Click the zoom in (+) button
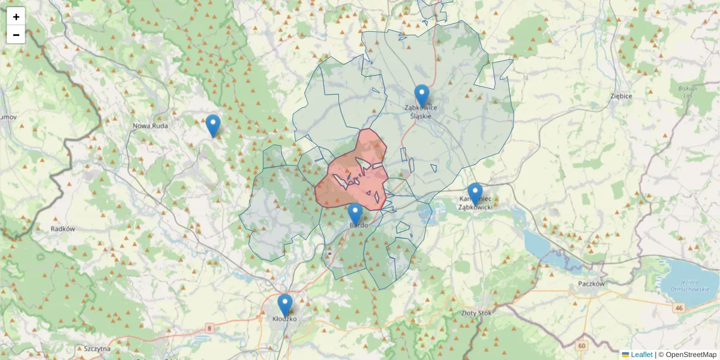[16, 17]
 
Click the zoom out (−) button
[16, 35]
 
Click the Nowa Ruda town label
[150, 126]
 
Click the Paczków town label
[591, 284]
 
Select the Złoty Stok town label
[476, 313]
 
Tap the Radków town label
[62, 229]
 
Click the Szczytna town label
[97, 349]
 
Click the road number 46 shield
[679, 308]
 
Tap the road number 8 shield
[209, 328]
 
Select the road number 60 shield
[581, 346]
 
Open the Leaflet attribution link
[641, 355]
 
